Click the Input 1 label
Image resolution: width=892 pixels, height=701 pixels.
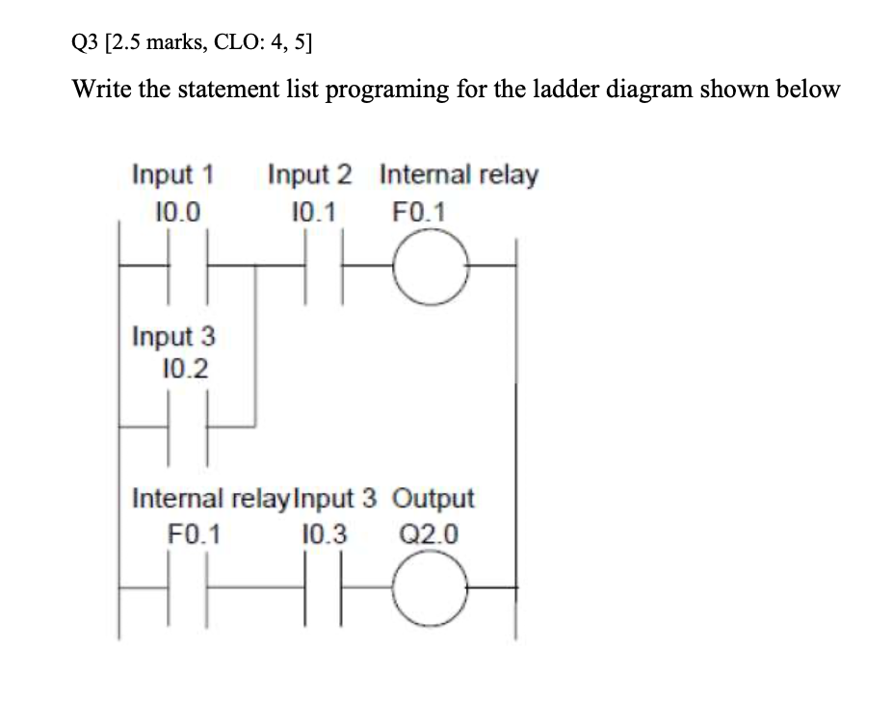tap(172, 176)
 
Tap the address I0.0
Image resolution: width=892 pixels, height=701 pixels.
tap(176, 210)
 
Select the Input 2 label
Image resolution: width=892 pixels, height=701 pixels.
tap(309, 176)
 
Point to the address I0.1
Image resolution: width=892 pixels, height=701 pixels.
tap(313, 210)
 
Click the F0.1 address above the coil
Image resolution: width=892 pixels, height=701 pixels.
tap(419, 210)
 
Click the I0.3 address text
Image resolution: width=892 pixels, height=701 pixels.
tap(327, 532)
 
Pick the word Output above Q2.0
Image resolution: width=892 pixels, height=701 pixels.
tap(435, 499)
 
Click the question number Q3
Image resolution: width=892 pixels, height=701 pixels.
tap(87, 40)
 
